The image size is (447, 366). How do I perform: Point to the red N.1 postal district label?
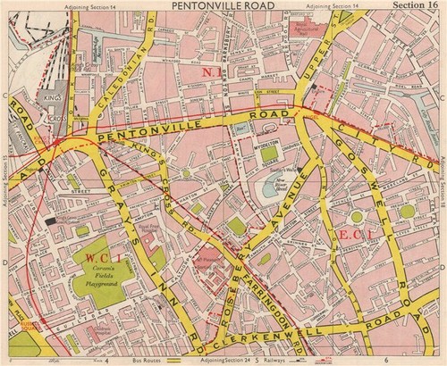coord(211,71)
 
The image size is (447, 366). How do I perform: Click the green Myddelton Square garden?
coord(269,154)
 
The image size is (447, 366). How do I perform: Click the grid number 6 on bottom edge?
coord(388,360)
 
